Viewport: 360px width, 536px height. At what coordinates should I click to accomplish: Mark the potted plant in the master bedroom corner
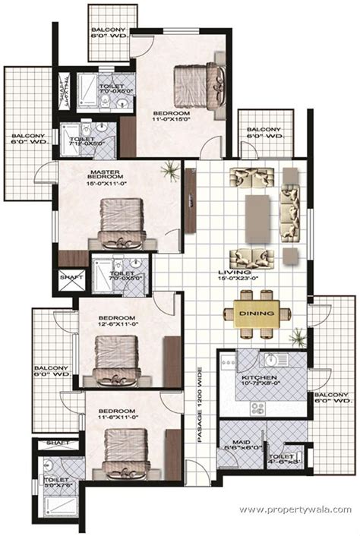pyautogui.click(x=170, y=172)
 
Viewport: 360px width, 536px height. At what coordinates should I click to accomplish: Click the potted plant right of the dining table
pyautogui.click(x=299, y=335)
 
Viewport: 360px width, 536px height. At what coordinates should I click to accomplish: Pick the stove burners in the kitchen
pyautogui.click(x=257, y=408)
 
